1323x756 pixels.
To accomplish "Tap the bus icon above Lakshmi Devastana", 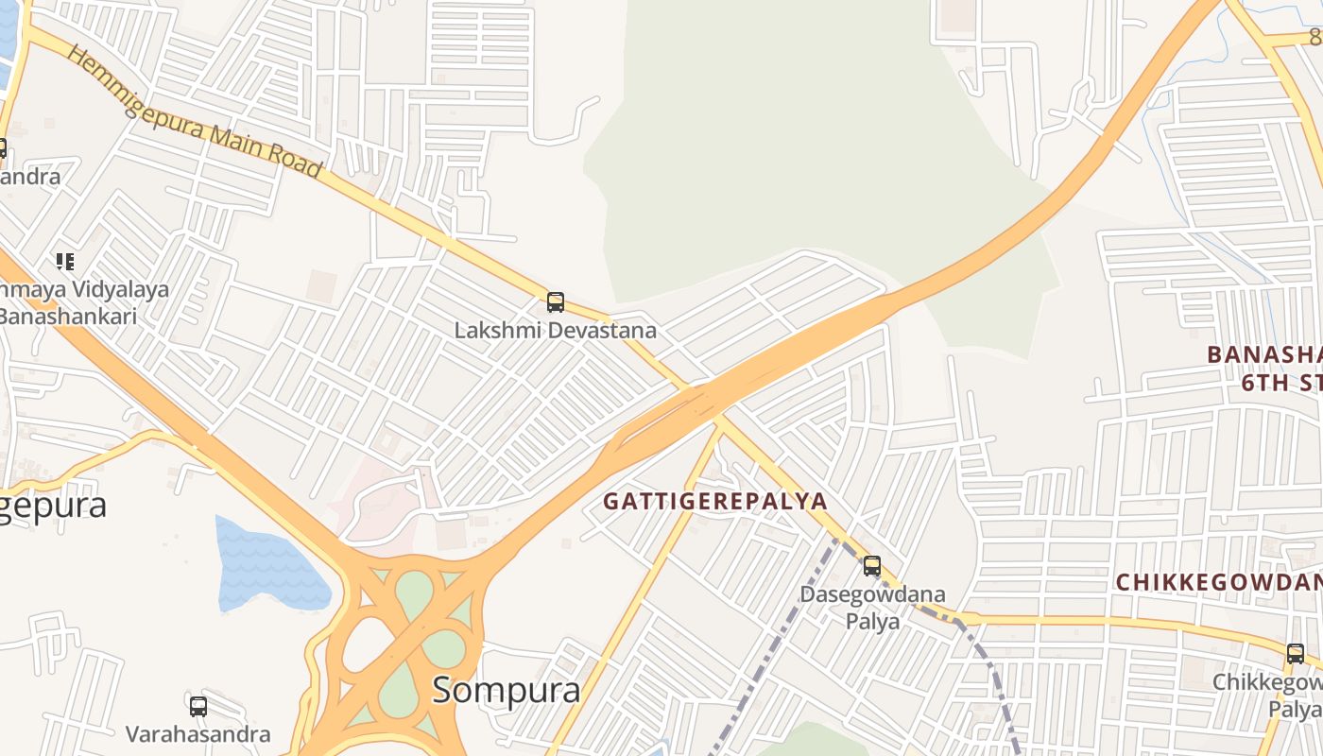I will pyautogui.click(x=556, y=302).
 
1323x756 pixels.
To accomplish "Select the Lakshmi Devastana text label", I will pyautogui.click(x=556, y=331).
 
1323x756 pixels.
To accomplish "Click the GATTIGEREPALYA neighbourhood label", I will pyautogui.click(x=715, y=501).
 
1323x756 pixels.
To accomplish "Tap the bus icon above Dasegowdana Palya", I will pyautogui.click(x=872, y=566).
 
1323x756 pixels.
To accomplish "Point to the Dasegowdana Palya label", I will pyautogui.click(x=872, y=608).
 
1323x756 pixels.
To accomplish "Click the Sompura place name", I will pyautogui.click(x=507, y=690).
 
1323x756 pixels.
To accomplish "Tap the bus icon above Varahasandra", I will pyautogui.click(x=198, y=706).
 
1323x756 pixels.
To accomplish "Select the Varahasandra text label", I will pyautogui.click(x=198, y=734).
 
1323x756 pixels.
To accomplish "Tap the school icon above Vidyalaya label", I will pyautogui.click(x=64, y=261).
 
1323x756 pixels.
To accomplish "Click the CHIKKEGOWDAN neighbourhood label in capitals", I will pyautogui.click(x=1219, y=582).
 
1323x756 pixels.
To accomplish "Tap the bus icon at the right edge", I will pyautogui.click(x=1296, y=653).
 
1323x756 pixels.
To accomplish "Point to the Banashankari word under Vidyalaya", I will pyautogui.click(x=68, y=316).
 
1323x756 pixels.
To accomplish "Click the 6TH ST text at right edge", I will pyautogui.click(x=1281, y=383).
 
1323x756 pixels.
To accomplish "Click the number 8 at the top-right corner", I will pyautogui.click(x=1314, y=37).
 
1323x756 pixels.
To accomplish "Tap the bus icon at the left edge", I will pyautogui.click(x=2, y=147).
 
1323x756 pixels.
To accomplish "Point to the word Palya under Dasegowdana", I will pyautogui.click(x=872, y=621).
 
